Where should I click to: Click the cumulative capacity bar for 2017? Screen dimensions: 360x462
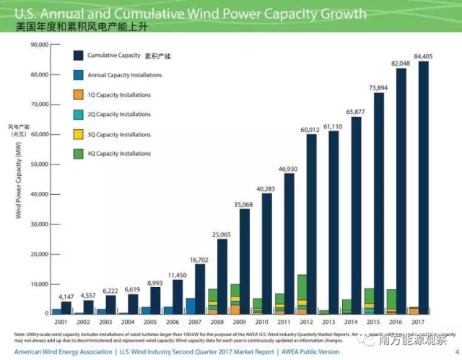coord(423,188)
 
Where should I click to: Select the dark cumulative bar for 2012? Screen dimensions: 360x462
coord(311,224)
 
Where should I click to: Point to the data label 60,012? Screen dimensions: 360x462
coord(310,129)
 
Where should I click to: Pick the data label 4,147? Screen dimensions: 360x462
coord(66,297)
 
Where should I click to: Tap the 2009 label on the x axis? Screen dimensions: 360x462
coord(237,322)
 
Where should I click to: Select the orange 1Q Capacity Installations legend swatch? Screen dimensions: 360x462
coord(78,95)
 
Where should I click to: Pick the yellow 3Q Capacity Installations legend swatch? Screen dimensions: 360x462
coord(78,134)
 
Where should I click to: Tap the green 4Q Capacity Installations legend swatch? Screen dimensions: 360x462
coord(78,154)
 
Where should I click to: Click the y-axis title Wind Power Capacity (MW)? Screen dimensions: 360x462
coord(17,180)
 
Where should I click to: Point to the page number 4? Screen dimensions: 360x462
coord(454,353)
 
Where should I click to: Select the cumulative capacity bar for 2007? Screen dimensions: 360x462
coord(199,289)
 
